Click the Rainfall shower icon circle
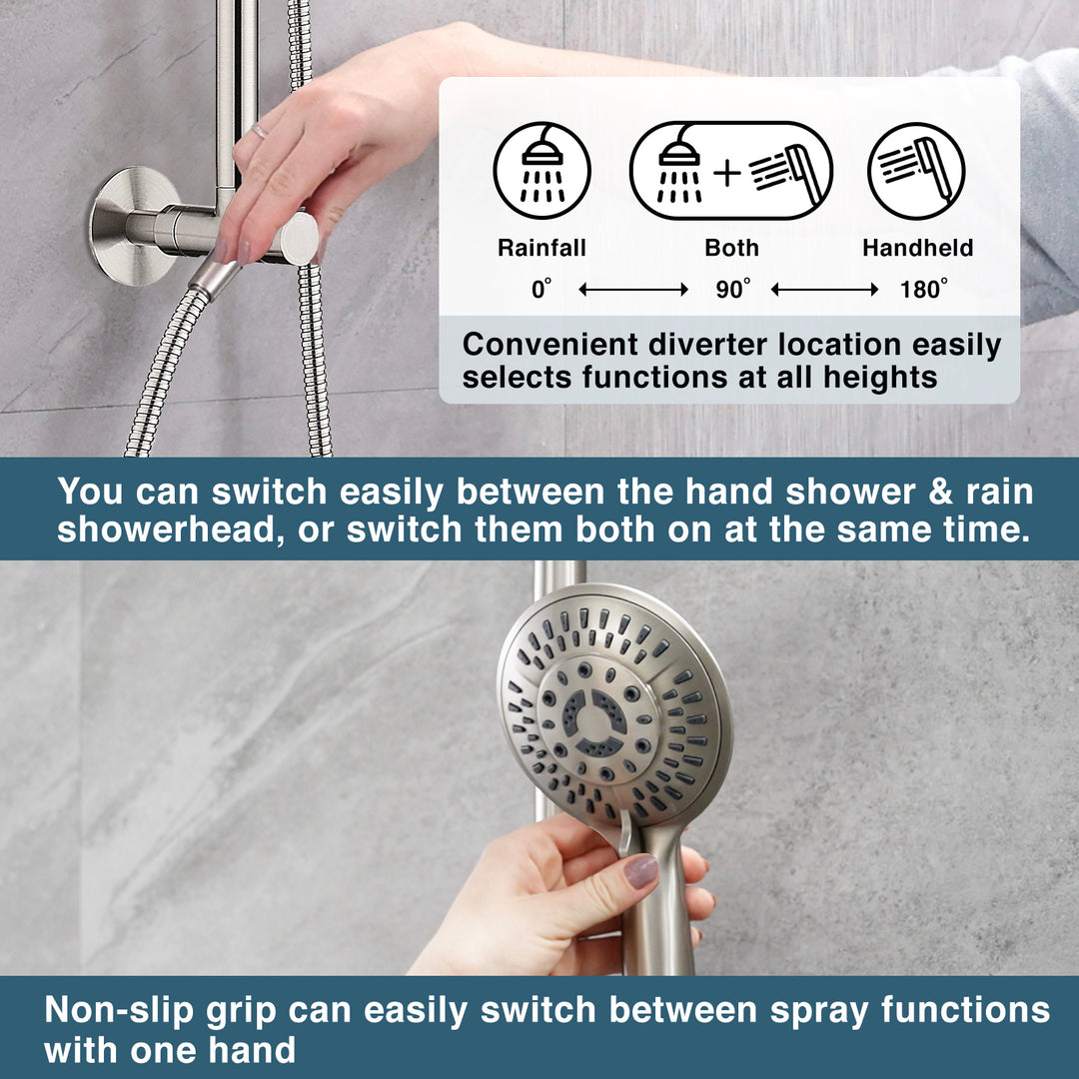point(541,171)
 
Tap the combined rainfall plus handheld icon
point(730,171)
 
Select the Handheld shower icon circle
point(916,171)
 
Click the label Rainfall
point(541,248)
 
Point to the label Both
point(731,248)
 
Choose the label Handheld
point(917,248)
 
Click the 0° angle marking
point(541,290)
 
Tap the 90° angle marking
point(732,290)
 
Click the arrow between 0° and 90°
point(633,290)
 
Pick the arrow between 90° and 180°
point(825,290)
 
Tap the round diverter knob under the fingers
point(298,239)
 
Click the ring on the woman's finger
point(259,131)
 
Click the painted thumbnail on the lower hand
point(640,870)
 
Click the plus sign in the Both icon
point(727,172)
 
